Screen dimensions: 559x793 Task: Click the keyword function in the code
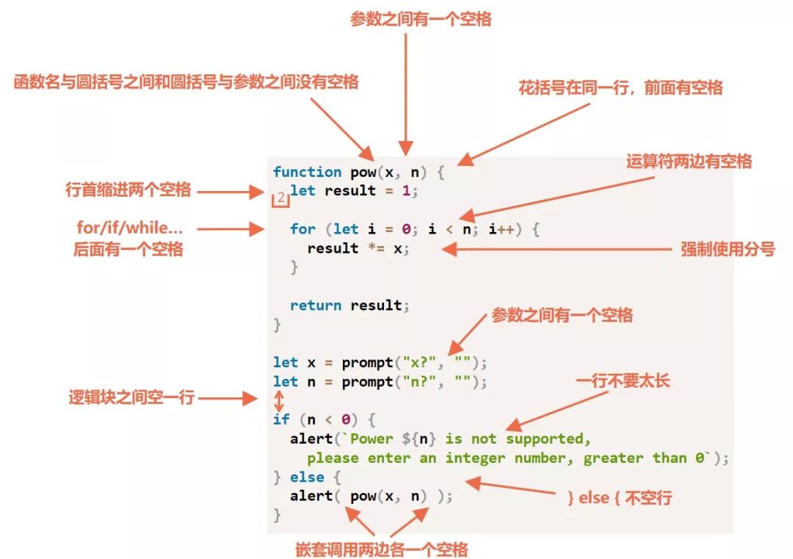(x=307, y=172)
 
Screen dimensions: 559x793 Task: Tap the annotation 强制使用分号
(x=728, y=249)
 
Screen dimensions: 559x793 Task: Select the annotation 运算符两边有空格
(x=689, y=161)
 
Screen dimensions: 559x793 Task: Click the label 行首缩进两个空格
(x=128, y=190)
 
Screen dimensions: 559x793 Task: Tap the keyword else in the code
(x=307, y=477)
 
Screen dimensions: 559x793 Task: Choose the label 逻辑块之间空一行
(x=131, y=397)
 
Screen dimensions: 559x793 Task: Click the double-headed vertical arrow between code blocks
(x=278, y=400)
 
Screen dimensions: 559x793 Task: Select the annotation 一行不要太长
(x=623, y=382)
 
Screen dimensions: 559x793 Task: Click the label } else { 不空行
(x=620, y=497)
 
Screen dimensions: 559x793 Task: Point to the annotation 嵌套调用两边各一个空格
(x=382, y=549)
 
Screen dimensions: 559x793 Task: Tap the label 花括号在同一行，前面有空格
(x=620, y=87)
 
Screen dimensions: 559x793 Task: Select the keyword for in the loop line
(x=303, y=229)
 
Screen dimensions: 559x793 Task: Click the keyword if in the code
(x=281, y=420)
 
